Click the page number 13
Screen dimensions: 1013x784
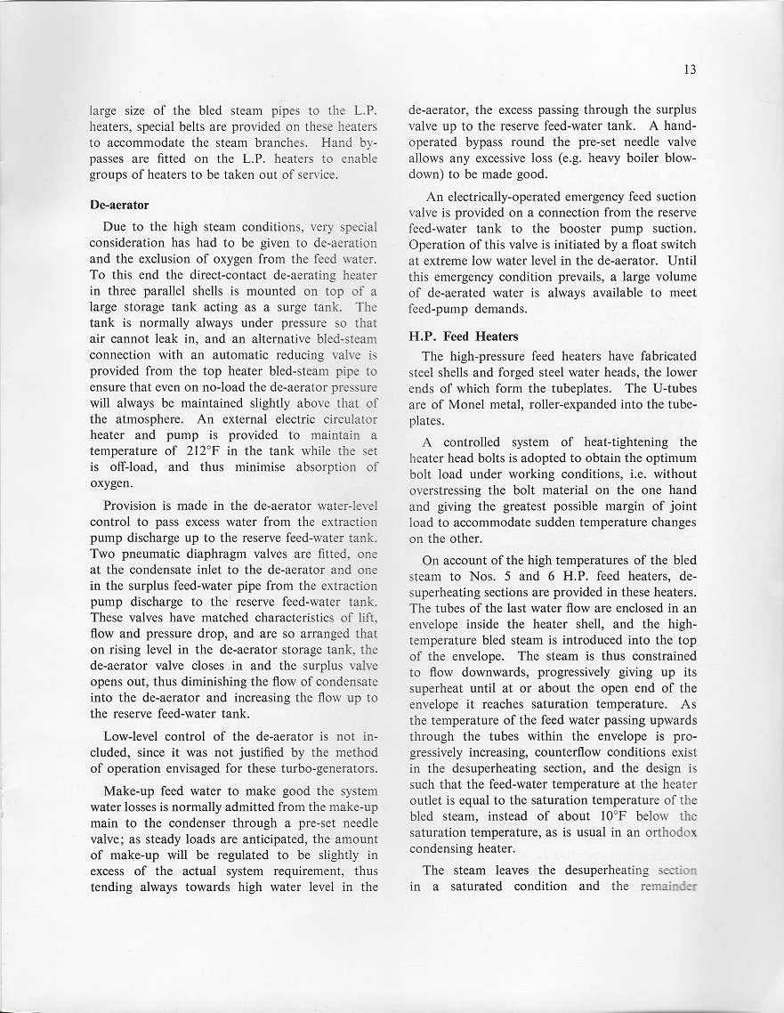coord(690,69)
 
